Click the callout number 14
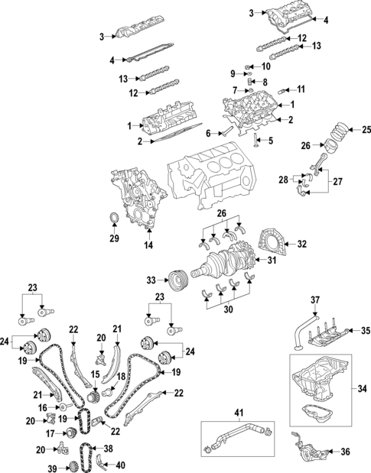click(x=148, y=245)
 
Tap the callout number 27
click(x=337, y=183)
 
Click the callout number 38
click(x=109, y=449)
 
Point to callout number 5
click(x=269, y=141)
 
